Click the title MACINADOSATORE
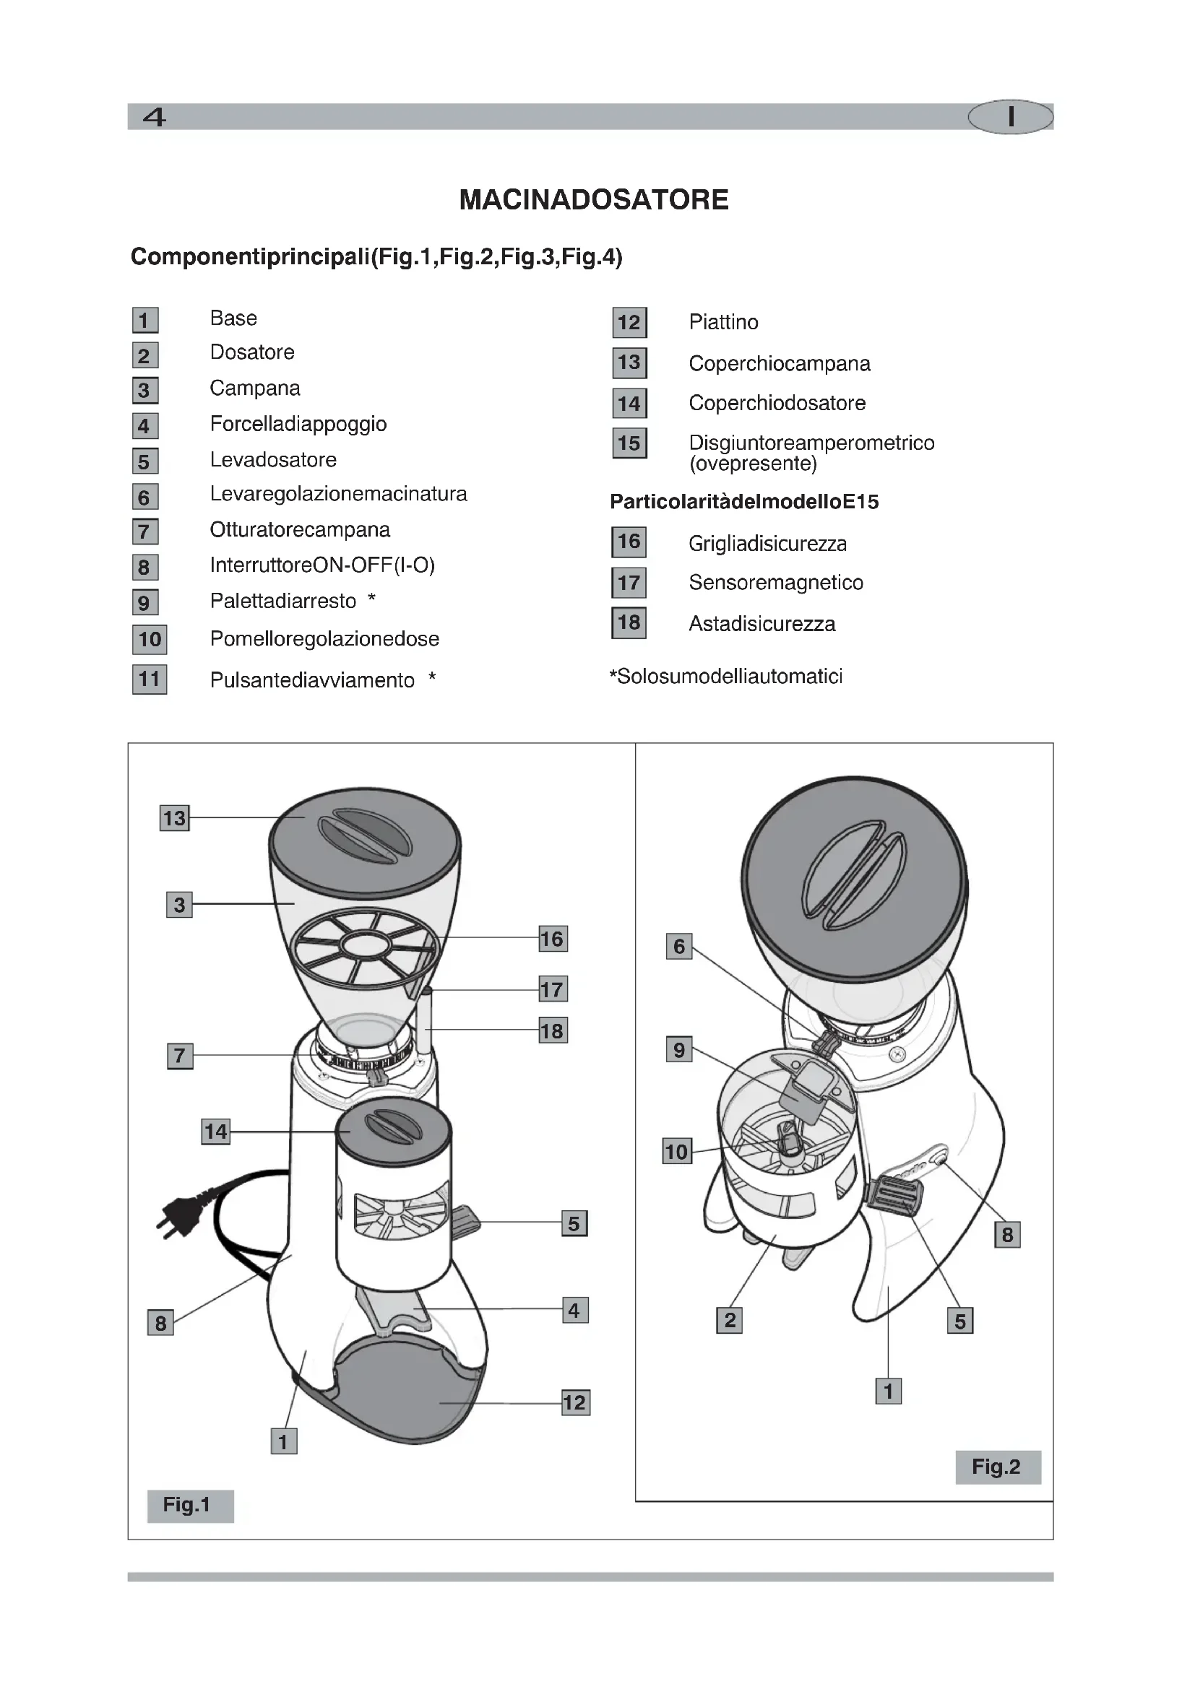pos(593,200)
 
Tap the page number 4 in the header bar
pos(155,117)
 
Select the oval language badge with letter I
pos(1010,117)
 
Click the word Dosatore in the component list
pos(251,352)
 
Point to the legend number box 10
pos(150,639)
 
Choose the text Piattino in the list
pos(722,322)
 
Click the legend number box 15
pos(629,443)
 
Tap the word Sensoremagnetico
pos(775,583)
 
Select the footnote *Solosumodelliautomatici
pos(725,676)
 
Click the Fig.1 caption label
pos(190,1505)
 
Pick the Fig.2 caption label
pos(997,1467)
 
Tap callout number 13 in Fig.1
pos(174,818)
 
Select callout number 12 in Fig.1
pos(574,1402)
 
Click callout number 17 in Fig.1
pos(553,989)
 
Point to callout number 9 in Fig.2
pos(678,1050)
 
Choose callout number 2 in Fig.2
pos(729,1321)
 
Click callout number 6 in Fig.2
pos(678,946)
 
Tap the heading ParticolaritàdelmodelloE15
pos(744,502)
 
